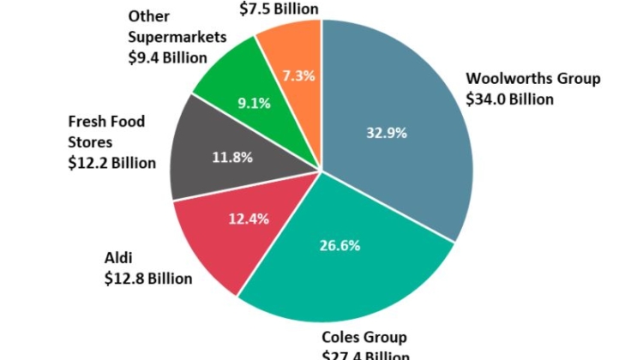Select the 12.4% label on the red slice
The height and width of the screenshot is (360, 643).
coord(249,218)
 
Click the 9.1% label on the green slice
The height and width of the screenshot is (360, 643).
coord(255,103)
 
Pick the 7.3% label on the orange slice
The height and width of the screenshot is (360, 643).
coord(298,75)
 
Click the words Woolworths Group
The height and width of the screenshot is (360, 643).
coord(533,79)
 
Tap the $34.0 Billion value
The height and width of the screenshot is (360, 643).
coord(509,99)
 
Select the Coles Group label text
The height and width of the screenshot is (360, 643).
coord(364,337)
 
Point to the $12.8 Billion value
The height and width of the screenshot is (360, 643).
coord(148,278)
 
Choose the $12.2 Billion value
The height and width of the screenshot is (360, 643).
coord(111,163)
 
